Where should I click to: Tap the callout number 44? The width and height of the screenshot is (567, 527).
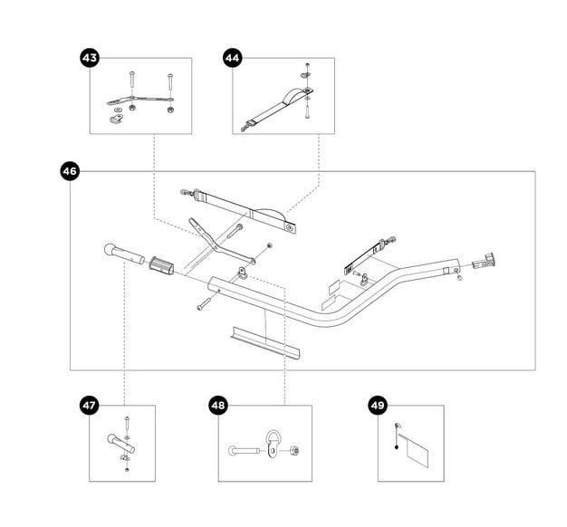click(x=233, y=58)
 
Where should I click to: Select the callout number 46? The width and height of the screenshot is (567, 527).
click(x=71, y=170)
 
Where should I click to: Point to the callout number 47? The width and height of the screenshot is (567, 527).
click(x=90, y=406)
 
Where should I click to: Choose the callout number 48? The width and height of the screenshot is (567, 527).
click(x=218, y=405)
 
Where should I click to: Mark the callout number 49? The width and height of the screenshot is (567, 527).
click(x=378, y=405)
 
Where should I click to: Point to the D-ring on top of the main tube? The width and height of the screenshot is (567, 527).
click(x=245, y=273)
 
